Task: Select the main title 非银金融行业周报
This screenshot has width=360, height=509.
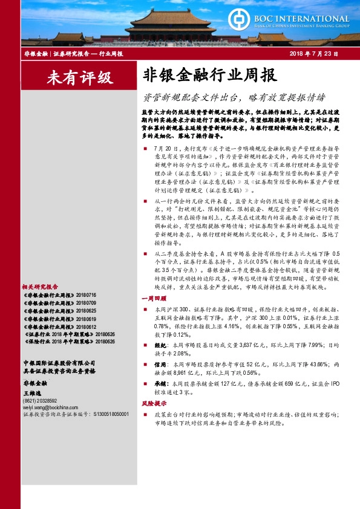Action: tap(210, 75)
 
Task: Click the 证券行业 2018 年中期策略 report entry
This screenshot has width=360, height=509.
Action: tap(68, 333)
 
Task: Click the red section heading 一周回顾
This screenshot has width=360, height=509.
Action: tap(152, 298)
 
